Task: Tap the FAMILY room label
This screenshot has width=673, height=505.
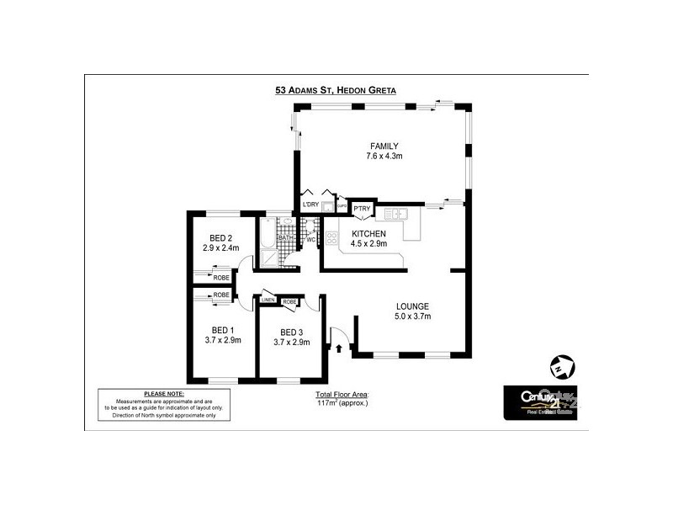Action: pyautogui.click(x=384, y=146)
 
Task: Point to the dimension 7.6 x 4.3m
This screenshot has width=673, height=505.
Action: pyautogui.click(x=384, y=157)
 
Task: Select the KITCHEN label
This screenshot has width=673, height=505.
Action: pyautogui.click(x=368, y=233)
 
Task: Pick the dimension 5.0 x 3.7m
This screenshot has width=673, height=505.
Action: pyautogui.click(x=413, y=316)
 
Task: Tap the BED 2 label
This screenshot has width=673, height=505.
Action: pyautogui.click(x=221, y=238)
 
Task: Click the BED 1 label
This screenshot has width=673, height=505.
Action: pyautogui.click(x=222, y=330)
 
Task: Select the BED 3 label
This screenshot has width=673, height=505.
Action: pyautogui.click(x=291, y=332)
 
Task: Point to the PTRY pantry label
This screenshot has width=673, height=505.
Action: pyautogui.click(x=362, y=209)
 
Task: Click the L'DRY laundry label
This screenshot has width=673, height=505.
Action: pyautogui.click(x=310, y=205)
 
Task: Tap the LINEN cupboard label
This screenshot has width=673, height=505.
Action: pyautogui.click(x=268, y=300)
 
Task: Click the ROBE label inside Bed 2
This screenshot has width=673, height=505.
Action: pyautogui.click(x=221, y=277)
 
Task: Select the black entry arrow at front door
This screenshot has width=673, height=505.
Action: pyautogui.click(x=339, y=346)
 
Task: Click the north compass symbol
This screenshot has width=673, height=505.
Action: pyautogui.click(x=561, y=368)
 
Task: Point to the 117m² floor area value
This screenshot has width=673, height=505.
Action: pyautogui.click(x=342, y=403)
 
